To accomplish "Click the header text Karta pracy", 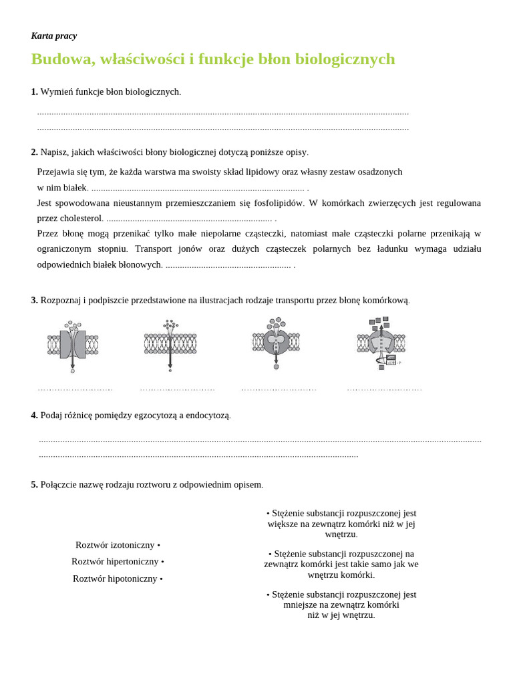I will point(53,36).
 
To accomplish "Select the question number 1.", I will point(34,92).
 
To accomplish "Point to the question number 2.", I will point(34,152).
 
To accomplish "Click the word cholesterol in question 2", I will point(79,218).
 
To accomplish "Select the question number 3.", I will point(34,301).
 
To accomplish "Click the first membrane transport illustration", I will point(73,345).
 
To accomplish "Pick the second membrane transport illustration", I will point(170,344).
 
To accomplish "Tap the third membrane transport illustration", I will point(276,343).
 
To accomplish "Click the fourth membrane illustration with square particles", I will point(381,343).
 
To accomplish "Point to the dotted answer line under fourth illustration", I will point(384,389).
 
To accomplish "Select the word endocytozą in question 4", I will point(207,415).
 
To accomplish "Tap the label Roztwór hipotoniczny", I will point(115,578).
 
